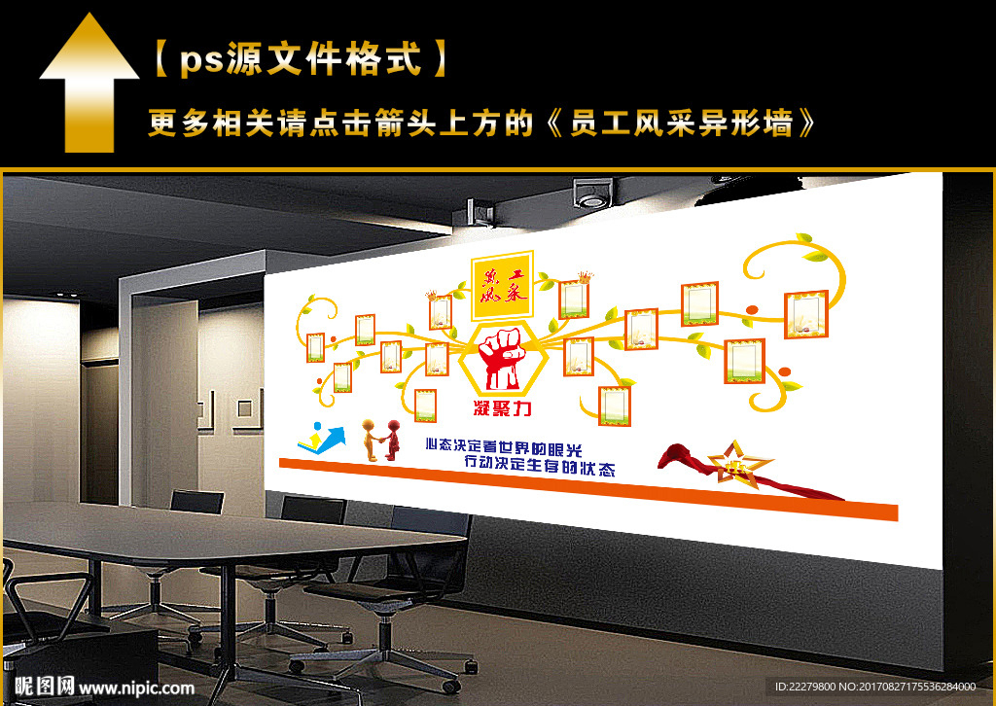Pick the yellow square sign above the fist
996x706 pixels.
pyautogui.click(x=502, y=288)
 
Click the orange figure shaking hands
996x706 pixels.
pyautogui.click(x=371, y=440)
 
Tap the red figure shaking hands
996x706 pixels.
pyautogui.click(x=392, y=440)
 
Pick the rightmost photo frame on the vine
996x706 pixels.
pyautogui.click(x=805, y=313)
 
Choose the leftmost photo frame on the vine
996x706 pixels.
pyautogui.click(x=315, y=347)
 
